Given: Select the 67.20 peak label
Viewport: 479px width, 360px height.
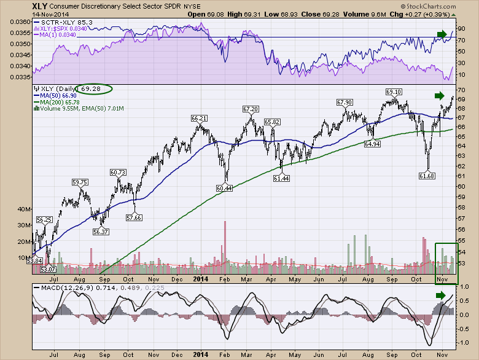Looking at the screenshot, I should (x=250, y=109).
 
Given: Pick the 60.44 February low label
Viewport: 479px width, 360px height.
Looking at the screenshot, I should (x=225, y=187).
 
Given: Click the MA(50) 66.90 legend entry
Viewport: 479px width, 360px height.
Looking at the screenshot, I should (x=58, y=96).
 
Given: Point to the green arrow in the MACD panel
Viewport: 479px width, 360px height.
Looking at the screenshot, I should (x=441, y=295).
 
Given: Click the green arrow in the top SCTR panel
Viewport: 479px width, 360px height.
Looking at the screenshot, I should (x=441, y=34).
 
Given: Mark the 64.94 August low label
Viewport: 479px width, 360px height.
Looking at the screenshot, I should (x=372, y=144).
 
